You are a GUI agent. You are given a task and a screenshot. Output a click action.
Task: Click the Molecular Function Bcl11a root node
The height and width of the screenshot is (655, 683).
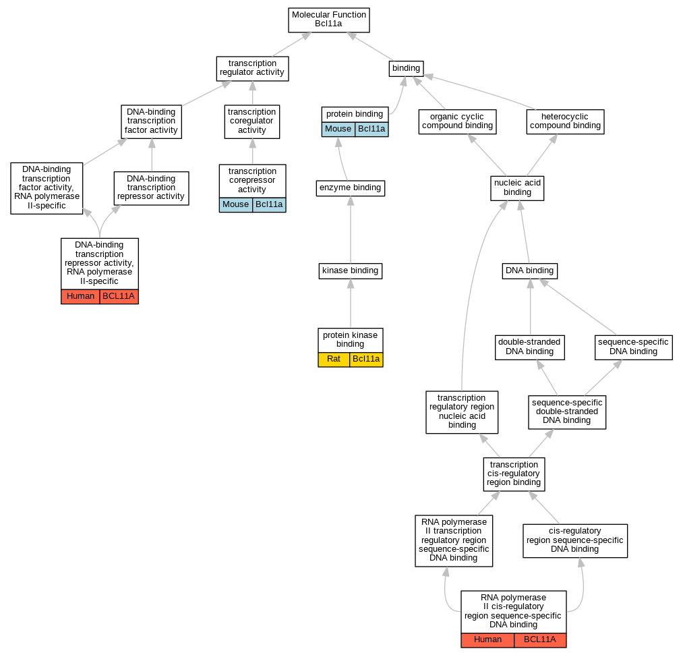click(x=329, y=20)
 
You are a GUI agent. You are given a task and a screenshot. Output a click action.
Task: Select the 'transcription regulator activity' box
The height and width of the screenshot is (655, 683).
click(x=252, y=68)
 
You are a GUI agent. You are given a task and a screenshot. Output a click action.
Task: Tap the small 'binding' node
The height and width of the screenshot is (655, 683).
click(x=406, y=68)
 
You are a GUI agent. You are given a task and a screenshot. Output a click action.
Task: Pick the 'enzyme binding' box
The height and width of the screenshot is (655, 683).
click(x=350, y=188)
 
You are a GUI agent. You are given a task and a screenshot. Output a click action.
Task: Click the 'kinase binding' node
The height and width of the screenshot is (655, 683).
click(x=350, y=271)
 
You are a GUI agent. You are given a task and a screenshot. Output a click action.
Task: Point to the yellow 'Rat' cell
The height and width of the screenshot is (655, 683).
click(x=334, y=359)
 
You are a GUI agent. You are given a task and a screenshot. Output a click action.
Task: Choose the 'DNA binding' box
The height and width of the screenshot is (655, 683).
click(x=529, y=271)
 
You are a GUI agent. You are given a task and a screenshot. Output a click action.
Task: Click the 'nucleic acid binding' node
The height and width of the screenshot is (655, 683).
click(x=517, y=188)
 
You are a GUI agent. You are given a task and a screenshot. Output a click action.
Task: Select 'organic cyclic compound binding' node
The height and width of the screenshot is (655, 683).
click(x=457, y=121)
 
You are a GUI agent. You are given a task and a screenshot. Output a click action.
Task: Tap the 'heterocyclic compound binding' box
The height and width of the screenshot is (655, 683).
click(x=565, y=121)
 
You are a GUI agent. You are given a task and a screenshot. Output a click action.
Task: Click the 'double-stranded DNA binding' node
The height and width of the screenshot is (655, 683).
click(x=529, y=347)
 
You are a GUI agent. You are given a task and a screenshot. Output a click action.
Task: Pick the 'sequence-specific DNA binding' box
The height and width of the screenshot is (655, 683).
click(x=633, y=347)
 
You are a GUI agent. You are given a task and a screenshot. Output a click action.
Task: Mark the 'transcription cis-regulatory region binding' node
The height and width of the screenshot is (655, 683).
click(x=514, y=474)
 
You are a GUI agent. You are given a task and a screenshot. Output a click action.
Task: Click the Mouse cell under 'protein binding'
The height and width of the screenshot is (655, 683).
click(x=338, y=130)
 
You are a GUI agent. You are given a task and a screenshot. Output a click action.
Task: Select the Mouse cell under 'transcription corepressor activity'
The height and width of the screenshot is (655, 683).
click(x=235, y=205)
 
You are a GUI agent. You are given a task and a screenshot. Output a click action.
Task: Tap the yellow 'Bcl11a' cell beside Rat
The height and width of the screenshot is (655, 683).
click(x=366, y=359)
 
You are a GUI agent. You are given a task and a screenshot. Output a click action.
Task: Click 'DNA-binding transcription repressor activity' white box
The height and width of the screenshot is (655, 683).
click(x=151, y=188)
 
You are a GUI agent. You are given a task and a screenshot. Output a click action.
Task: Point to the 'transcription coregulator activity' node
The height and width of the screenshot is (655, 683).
click(x=252, y=121)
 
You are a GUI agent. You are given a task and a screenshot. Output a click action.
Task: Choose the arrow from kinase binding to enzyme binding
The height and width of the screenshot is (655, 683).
click(x=350, y=233)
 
